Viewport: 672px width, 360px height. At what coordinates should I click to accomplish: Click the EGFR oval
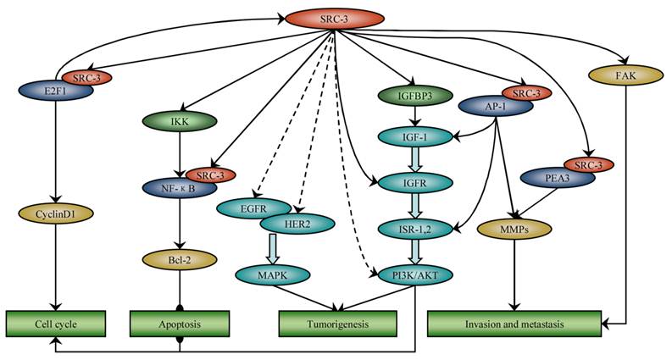(247, 206)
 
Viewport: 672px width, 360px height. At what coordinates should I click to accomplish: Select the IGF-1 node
(413, 135)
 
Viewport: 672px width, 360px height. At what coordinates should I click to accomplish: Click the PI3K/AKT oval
(413, 274)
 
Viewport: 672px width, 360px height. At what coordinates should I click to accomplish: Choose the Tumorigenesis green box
(337, 324)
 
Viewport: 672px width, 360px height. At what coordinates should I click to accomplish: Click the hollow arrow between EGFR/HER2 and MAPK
(273, 248)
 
